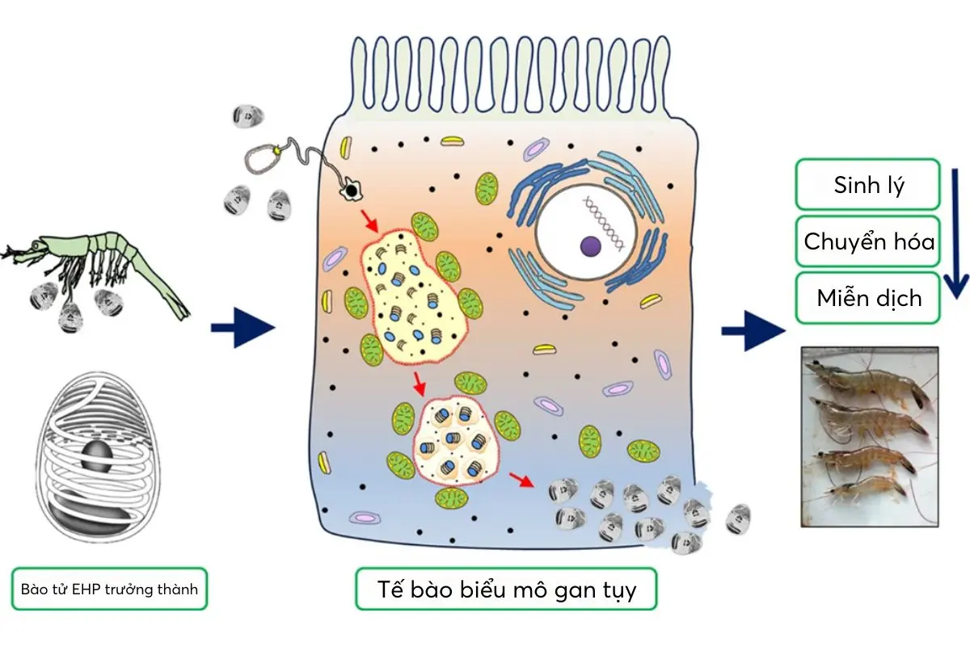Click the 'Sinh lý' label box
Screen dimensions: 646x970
(868, 185)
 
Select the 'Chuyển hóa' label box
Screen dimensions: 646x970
(868, 241)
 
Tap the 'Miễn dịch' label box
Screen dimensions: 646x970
(868, 298)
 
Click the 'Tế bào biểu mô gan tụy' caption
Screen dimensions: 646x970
(506, 589)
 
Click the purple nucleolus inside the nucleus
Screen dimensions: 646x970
(590, 245)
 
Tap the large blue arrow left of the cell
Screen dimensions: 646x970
(242, 327)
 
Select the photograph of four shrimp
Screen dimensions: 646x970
(869, 436)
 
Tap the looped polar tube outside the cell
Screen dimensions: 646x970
(267, 157)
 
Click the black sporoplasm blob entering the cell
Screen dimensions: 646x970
(352, 191)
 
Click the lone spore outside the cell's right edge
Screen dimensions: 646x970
(738, 518)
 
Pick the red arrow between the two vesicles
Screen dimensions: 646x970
(419, 383)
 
